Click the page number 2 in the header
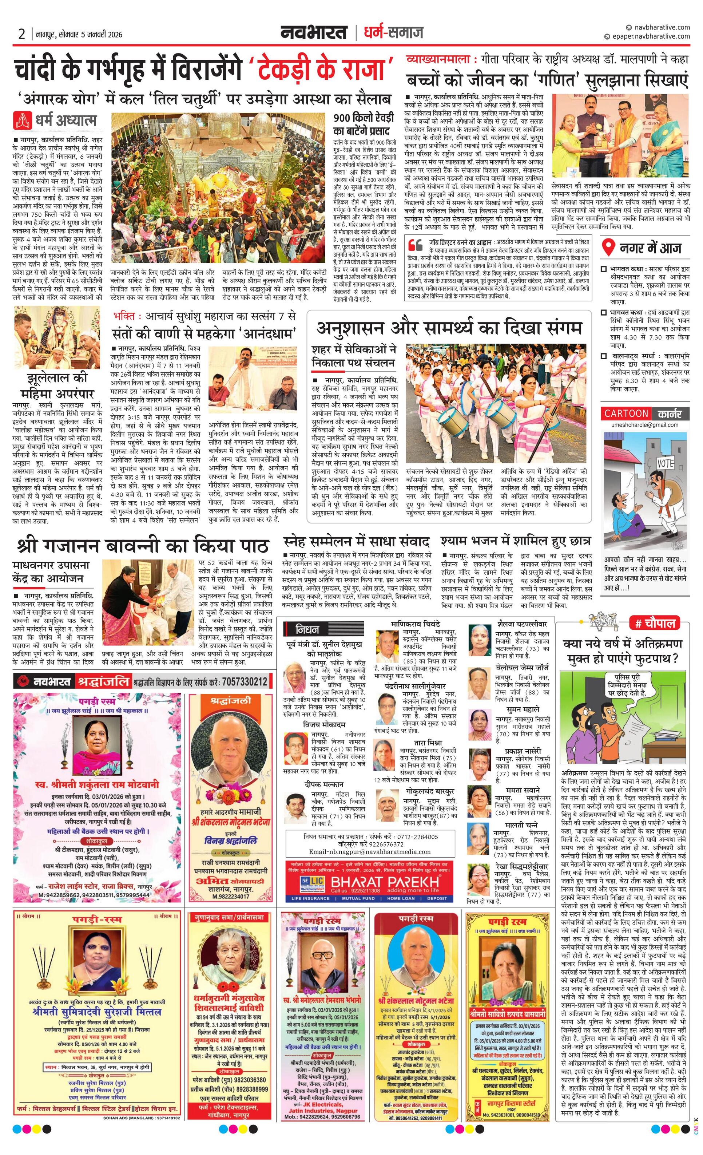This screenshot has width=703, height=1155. pyautogui.click(x=21, y=34)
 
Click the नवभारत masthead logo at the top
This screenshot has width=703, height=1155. pyautogui.click(x=314, y=32)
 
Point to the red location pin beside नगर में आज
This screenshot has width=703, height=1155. pyautogui.click(x=608, y=248)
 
